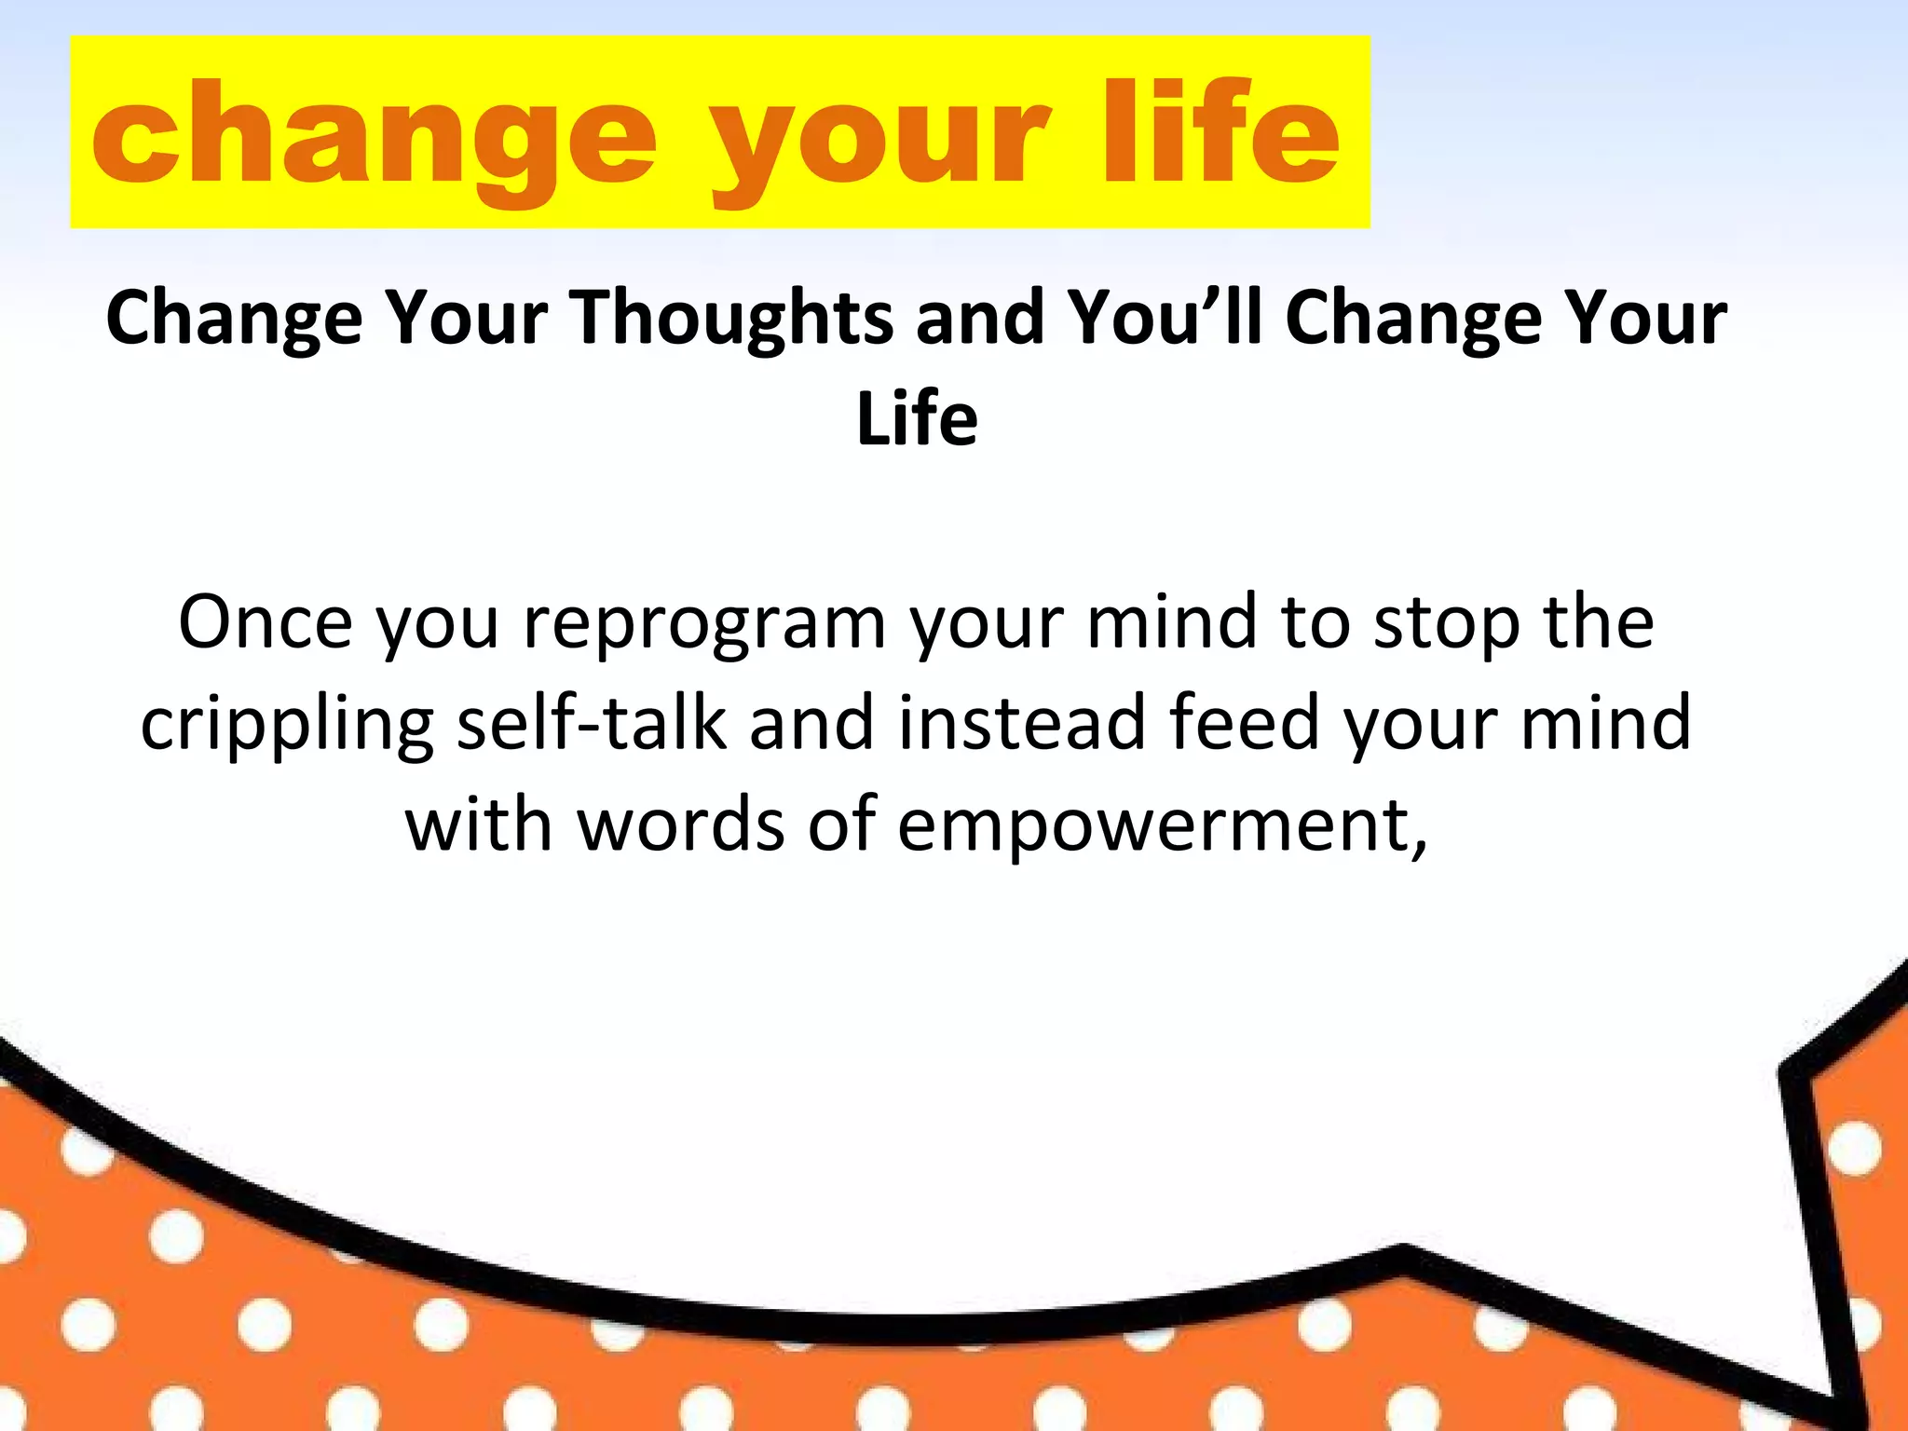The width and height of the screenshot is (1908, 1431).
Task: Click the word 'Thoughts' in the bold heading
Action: [732, 318]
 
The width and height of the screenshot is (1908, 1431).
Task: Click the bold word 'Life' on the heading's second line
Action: [917, 419]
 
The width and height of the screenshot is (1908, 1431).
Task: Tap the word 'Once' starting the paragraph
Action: [266, 622]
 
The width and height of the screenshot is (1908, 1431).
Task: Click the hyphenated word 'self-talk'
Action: [591, 724]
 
